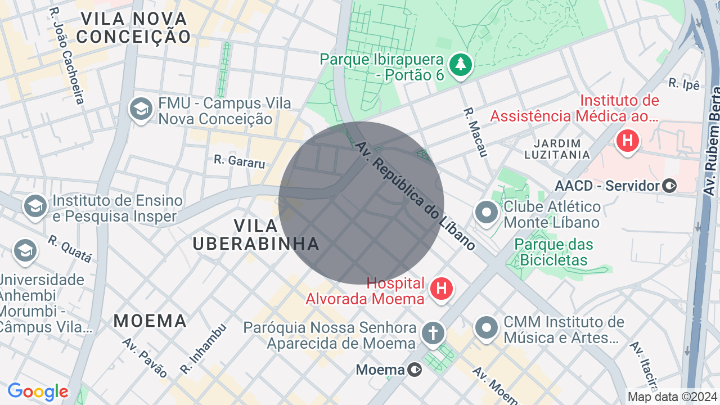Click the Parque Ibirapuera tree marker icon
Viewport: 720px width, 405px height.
461,64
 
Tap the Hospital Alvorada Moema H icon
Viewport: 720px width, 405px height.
442,289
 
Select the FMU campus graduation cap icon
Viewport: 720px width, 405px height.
141,109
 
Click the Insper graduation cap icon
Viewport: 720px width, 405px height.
35,206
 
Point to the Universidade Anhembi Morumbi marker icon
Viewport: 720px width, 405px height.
25,251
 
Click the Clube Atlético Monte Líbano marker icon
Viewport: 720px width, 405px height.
487,213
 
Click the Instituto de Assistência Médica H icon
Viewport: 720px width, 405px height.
627,139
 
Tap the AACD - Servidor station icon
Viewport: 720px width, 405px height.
669,185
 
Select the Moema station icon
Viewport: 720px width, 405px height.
415,369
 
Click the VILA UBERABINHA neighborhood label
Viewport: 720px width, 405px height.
256,235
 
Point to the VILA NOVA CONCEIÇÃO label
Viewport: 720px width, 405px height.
134,28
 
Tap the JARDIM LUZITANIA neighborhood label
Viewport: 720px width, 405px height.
557,148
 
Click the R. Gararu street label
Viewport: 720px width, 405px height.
239,162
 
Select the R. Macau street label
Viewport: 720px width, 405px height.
475,132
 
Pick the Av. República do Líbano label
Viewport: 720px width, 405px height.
415,195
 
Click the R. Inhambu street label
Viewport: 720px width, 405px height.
204,349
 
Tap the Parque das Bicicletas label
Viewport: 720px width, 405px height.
554,252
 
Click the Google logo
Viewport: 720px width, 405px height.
38,391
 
